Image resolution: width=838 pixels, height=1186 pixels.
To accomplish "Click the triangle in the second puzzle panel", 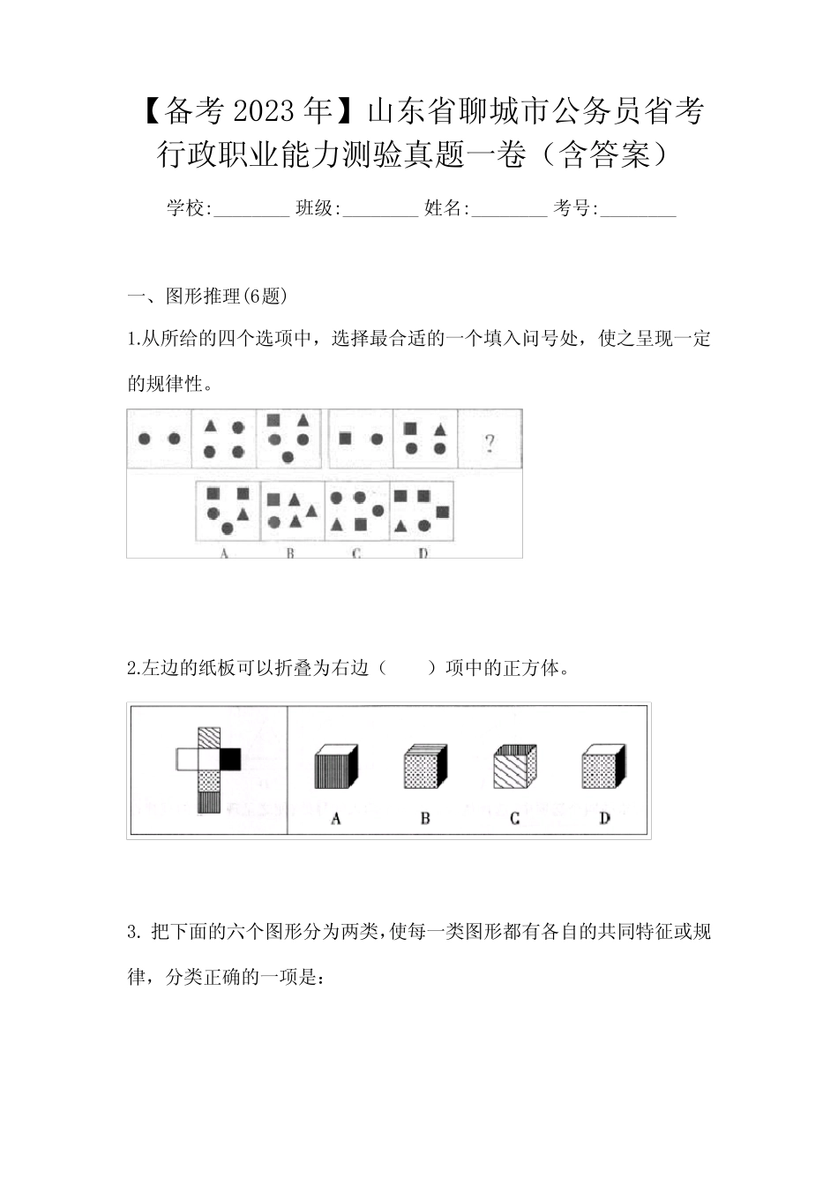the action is tap(210, 427).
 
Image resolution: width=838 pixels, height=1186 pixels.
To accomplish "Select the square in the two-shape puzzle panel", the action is tap(345, 439).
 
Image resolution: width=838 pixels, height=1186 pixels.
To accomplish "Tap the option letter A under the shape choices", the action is tap(224, 553).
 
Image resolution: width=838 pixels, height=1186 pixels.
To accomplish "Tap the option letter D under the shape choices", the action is tap(423, 553).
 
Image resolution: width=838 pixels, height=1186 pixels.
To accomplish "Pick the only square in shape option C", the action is tap(360, 525).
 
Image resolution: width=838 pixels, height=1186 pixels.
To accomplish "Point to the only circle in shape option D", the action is tap(423, 525).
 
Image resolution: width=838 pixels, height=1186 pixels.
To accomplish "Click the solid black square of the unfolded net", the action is tap(230, 758).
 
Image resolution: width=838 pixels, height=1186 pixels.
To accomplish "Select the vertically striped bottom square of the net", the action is tap(209, 801).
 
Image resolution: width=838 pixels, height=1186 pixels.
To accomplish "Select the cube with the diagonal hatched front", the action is tap(513, 768).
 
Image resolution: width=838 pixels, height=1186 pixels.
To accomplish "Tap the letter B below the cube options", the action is tap(424, 818).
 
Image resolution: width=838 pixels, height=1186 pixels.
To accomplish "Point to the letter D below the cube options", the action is tap(604, 818).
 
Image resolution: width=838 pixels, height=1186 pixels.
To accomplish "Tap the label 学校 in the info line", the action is tap(186, 208).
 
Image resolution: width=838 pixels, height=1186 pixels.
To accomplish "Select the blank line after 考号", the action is tap(638, 209).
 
